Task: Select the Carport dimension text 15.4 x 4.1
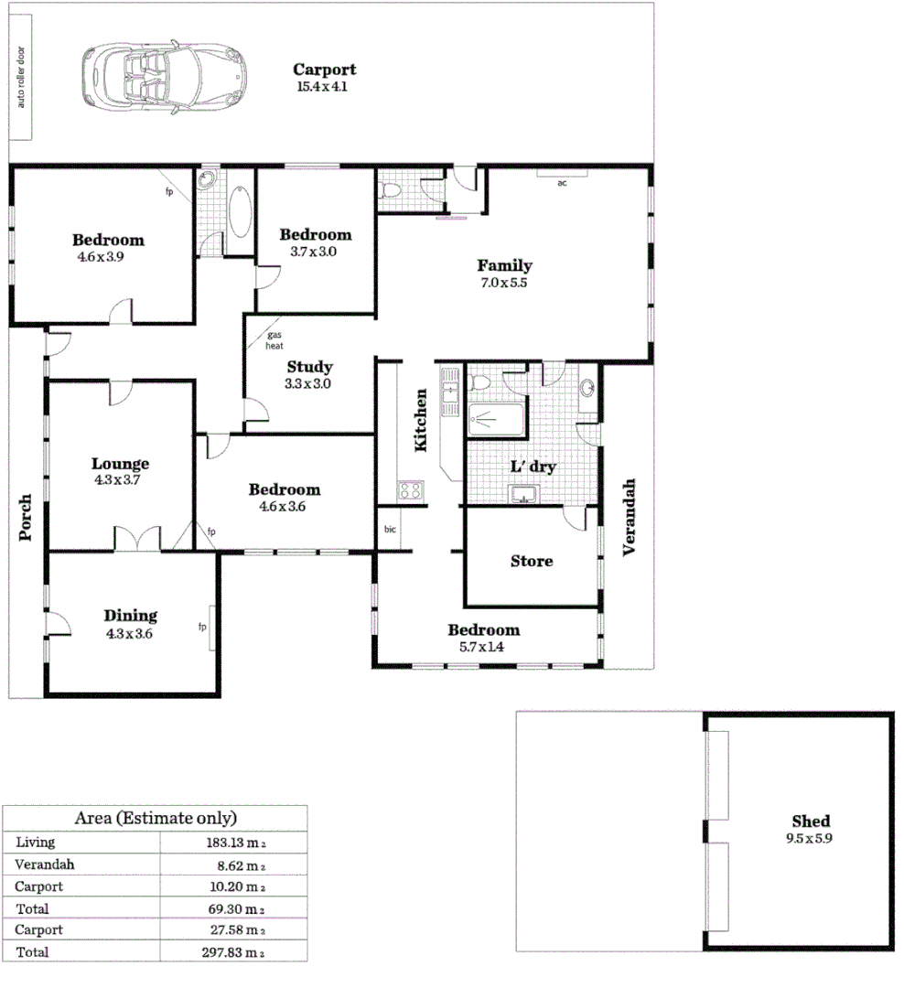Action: (322, 87)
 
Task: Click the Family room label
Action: (504, 266)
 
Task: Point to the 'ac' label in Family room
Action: (562, 182)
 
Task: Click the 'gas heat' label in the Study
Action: (274, 340)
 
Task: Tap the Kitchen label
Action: (422, 420)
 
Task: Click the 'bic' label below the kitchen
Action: (390, 530)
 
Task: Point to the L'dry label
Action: (533, 467)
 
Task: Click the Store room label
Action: (532, 561)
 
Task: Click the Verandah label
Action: (629, 517)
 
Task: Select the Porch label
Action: (26, 517)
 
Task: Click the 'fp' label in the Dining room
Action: (202, 627)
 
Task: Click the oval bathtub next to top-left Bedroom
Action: (241, 211)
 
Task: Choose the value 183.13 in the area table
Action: (231, 843)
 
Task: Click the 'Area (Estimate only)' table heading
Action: (155, 818)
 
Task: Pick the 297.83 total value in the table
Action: (231, 952)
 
